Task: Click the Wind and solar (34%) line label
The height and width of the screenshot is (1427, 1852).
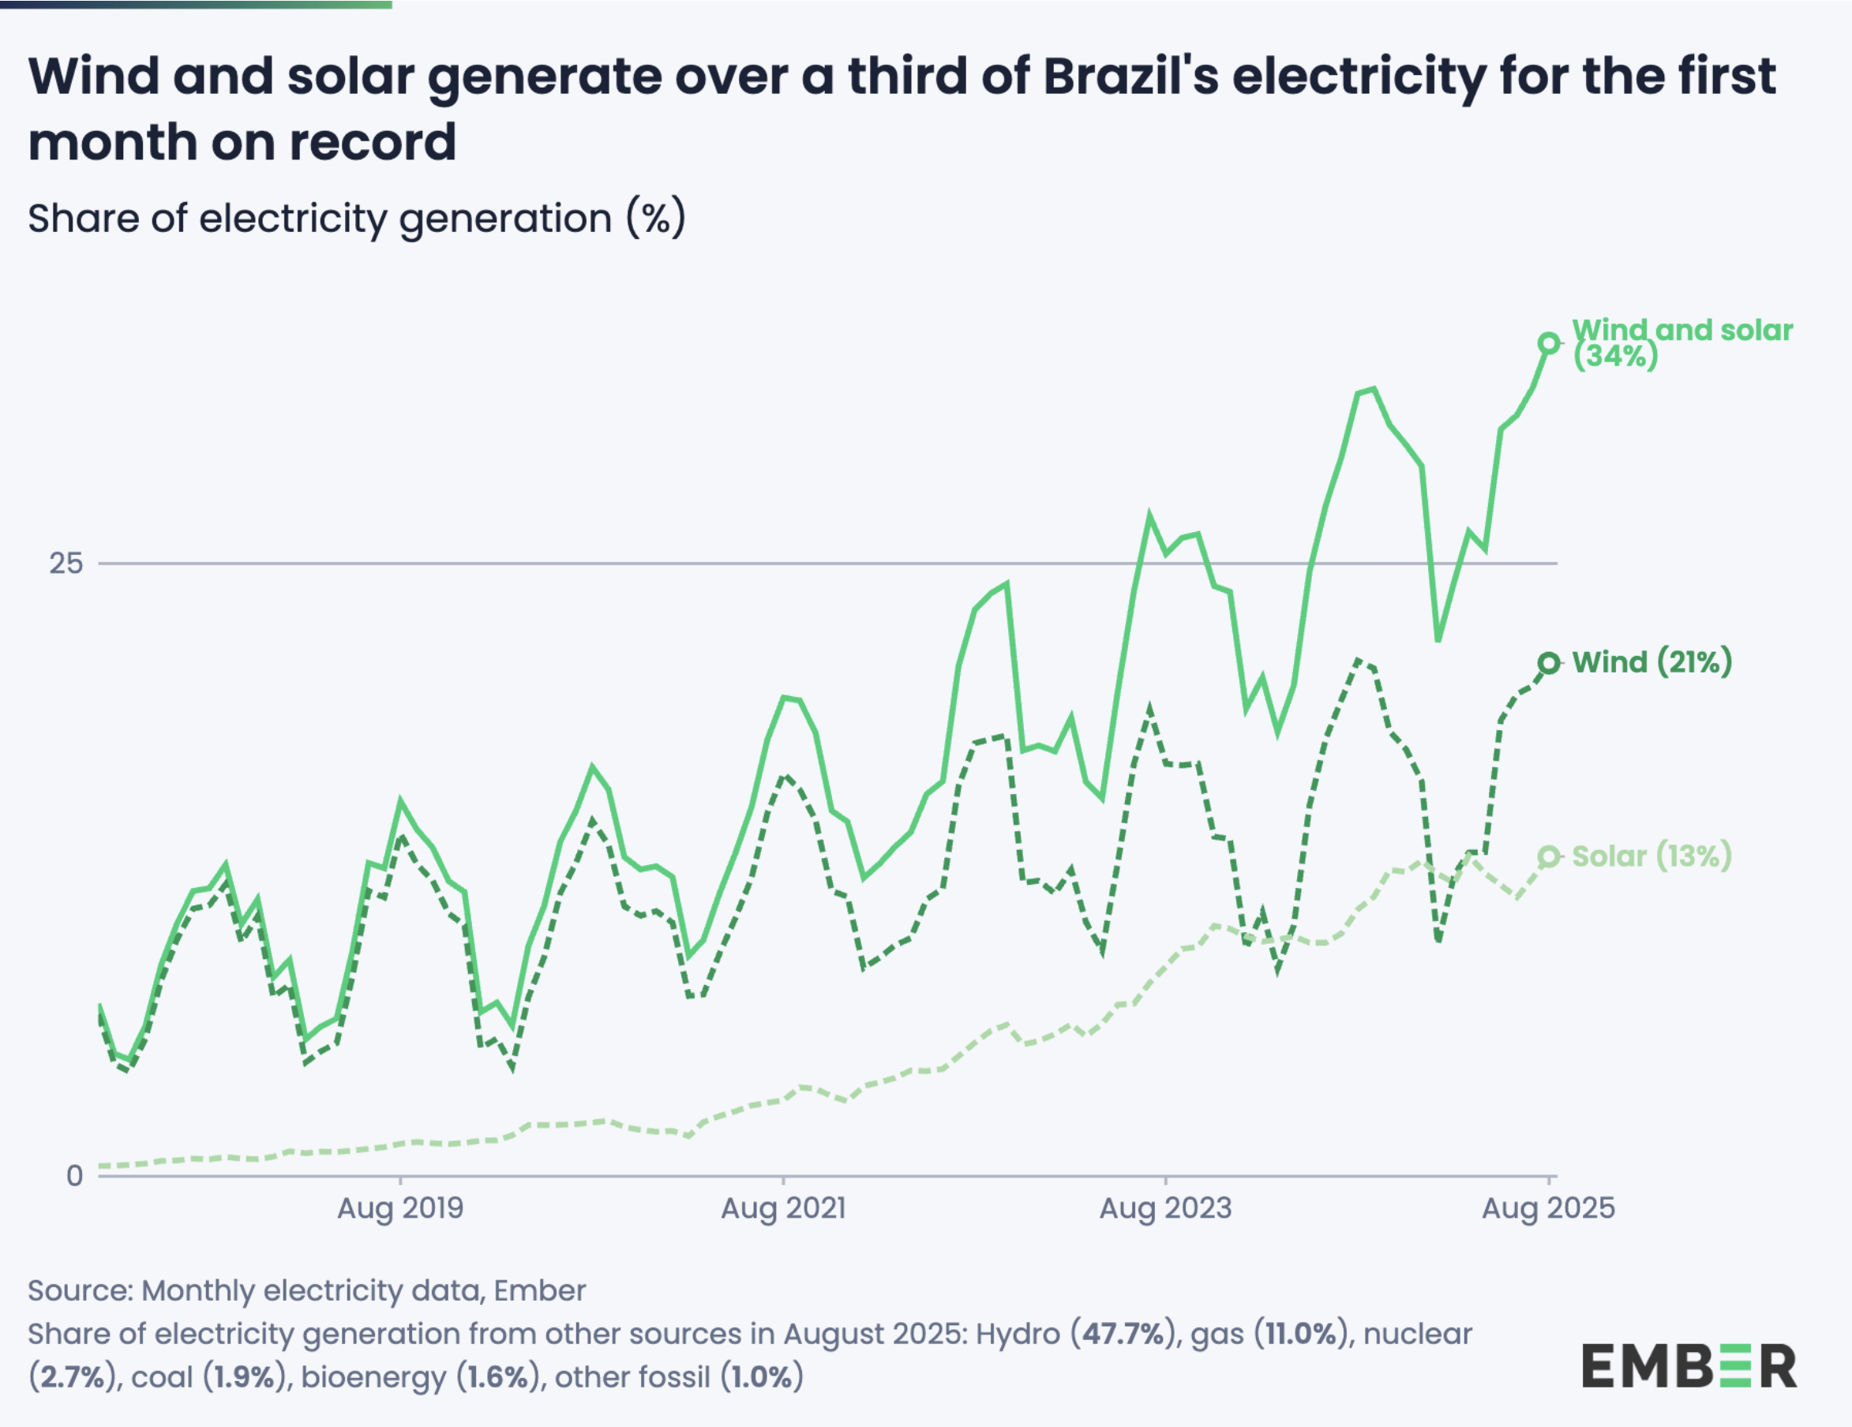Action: (x=1681, y=342)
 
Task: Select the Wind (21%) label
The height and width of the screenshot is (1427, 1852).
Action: (x=1651, y=662)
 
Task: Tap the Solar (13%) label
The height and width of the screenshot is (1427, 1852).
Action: (x=1651, y=856)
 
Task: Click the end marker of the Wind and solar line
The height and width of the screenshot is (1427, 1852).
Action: (x=1548, y=343)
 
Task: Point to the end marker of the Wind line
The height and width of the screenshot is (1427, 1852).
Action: (x=1548, y=663)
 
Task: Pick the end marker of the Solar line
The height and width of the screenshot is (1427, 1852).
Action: (x=1548, y=857)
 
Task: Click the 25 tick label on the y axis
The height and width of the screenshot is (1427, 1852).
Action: (x=66, y=563)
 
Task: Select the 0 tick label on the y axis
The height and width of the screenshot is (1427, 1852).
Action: (x=75, y=1176)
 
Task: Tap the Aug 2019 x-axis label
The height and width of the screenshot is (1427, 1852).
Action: (x=400, y=1208)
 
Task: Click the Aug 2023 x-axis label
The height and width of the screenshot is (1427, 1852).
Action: (x=1165, y=1208)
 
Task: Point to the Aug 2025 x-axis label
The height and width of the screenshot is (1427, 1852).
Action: (x=1548, y=1208)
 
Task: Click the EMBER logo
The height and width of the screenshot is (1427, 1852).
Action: (x=1689, y=1365)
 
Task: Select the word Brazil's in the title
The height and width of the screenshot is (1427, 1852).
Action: (x=1130, y=77)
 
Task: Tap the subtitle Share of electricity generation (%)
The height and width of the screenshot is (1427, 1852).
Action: (x=356, y=219)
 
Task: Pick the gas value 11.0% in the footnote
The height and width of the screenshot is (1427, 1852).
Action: (x=1302, y=1334)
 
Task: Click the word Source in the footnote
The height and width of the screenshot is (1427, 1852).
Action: (x=79, y=1290)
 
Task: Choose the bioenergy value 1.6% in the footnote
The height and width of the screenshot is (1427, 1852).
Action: (x=500, y=1377)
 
